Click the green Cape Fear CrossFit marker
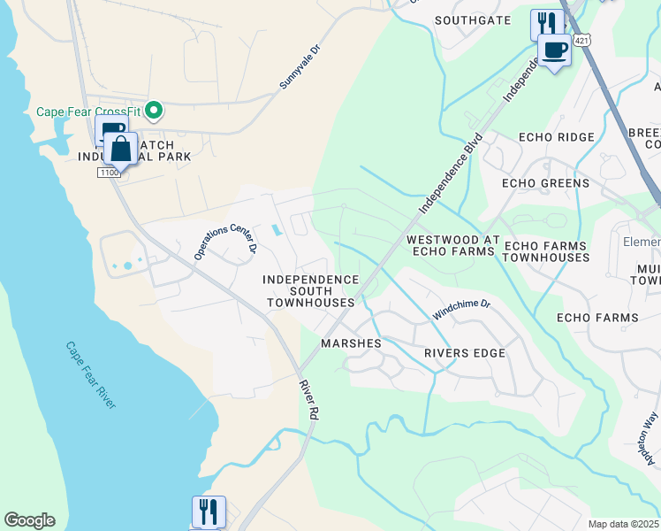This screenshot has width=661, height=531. click(154, 111)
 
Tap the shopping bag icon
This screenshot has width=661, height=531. click(121, 150)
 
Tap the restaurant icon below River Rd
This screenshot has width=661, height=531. click(209, 512)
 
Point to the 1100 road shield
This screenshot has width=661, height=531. click(108, 173)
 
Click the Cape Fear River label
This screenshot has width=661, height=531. click(92, 374)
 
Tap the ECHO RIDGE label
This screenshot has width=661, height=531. click(556, 137)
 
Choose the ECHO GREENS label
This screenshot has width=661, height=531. click(544, 183)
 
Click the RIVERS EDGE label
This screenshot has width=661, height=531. click(464, 353)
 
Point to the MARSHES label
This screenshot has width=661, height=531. click(351, 343)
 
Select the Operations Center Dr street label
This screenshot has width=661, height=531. click(224, 241)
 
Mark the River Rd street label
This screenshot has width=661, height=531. click(308, 400)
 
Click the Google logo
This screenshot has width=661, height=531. click(29, 520)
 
